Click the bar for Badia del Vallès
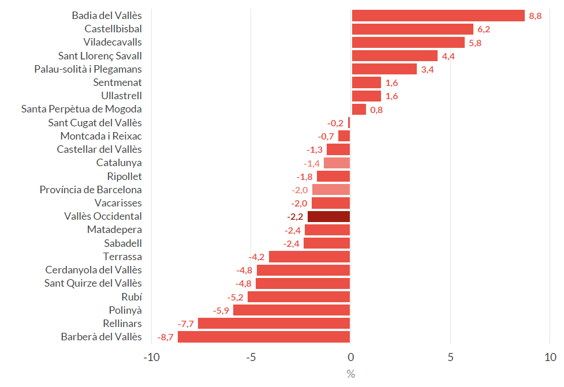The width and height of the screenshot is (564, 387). pyautogui.click(x=438, y=16)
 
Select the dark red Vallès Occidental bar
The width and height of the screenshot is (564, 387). pyautogui.click(x=328, y=216)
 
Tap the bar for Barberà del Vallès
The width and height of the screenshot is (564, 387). pyautogui.click(x=264, y=337)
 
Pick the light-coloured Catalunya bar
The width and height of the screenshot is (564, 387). pyautogui.click(x=337, y=163)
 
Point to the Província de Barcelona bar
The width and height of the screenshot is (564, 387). pyautogui.click(x=331, y=190)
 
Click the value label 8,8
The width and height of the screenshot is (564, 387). pyautogui.click(x=535, y=16)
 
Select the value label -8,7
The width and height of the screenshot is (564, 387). pyautogui.click(x=165, y=337)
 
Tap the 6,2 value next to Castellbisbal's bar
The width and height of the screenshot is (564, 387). pyautogui.click(x=484, y=29)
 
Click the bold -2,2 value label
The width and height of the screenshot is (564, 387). pyautogui.click(x=295, y=216)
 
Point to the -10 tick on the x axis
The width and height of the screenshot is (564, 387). pyautogui.click(x=151, y=358)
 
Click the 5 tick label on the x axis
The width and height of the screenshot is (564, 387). pyautogui.click(x=450, y=358)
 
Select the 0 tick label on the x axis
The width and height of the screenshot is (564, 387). pyautogui.click(x=350, y=358)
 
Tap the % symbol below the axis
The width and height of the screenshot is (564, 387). pyautogui.click(x=350, y=374)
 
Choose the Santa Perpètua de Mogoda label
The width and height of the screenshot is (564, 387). pyautogui.click(x=81, y=109)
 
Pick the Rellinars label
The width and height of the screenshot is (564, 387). pyautogui.click(x=122, y=324)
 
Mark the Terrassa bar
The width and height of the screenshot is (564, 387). pyautogui.click(x=309, y=257)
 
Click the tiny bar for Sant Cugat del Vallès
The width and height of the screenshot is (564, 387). pyautogui.click(x=349, y=123)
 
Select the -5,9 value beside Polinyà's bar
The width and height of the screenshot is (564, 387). pyautogui.click(x=222, y=310)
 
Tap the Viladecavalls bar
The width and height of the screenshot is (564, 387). pyautogui.click(x=408, y=42)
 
